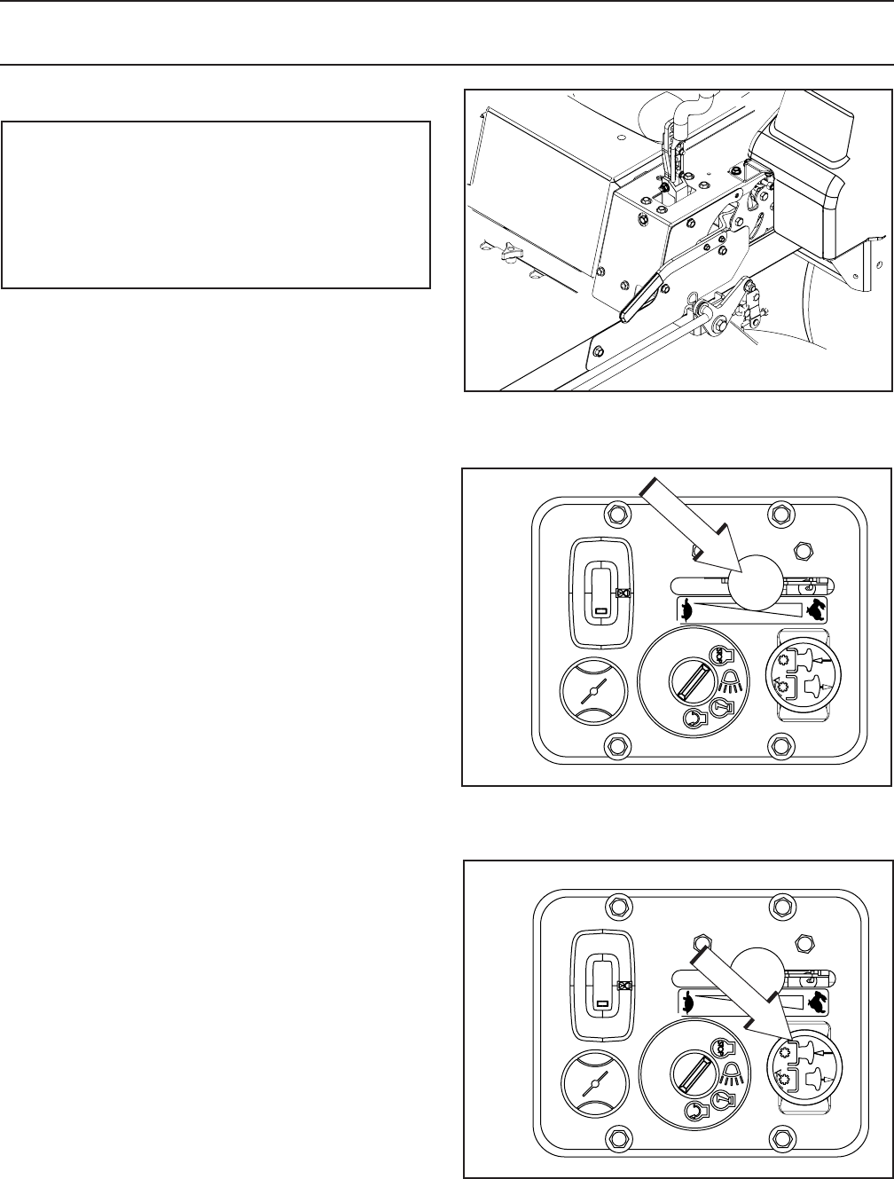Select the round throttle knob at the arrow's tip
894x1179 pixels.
756,581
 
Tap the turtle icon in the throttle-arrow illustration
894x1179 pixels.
685,609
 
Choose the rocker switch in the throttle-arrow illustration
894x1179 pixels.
600,592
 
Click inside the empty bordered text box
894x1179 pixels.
216,205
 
